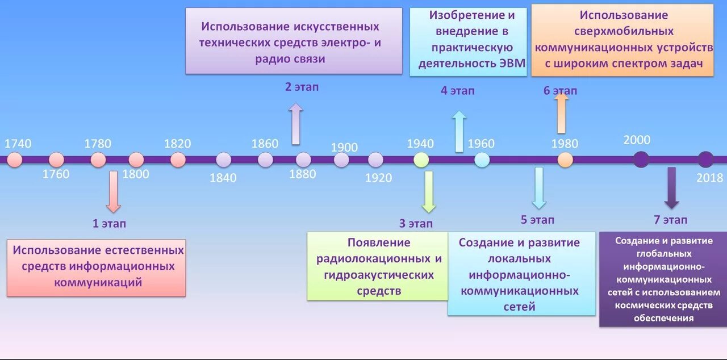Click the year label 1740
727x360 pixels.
(x=18, y=144)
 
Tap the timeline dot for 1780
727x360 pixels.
(x=98, y=160)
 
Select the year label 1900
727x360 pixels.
(x=344, y=148)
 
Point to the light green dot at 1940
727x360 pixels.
(x=421, y=160)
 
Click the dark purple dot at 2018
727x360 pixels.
(x=705, y=160)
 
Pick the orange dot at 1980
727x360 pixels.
(x=565, y=160)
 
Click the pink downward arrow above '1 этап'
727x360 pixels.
(x=113, y=191)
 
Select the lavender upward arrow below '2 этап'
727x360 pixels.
(x=295, y=123)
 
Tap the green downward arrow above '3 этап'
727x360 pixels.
(x=428, y=191)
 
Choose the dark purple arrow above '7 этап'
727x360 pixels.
(x=672, y=188)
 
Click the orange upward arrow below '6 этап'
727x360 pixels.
(x=561, y=112)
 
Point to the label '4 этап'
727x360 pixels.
(x=457, y=91)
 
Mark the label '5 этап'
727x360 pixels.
(x=537, y=220)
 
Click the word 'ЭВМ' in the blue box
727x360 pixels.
(x=511, y=63)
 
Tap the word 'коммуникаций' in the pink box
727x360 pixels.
(x=98, y=282)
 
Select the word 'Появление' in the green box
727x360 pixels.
(x=379, y=242)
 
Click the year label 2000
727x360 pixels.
(x=637, y=140)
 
